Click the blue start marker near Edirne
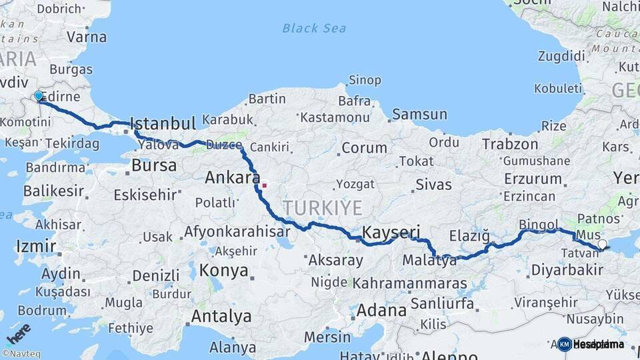pyautogui.click(x=39, y=97)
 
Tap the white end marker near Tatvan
pyautogui.click(x=603, y=245)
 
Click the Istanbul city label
pyautogui.click(x=163, y=123)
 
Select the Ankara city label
pyautogui.click(x=232, y=178)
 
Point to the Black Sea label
pyautogui.click(x=314, y=28)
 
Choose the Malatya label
pyautogui.click(x=430, y=261)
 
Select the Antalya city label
pyautogui.click(x=221, y=316)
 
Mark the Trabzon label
pyautogui.click(x=510, y=143)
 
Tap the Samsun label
pyautogui.click(x=419, y=114)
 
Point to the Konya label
pyautogui.click(x=224, y=271)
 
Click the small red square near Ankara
pyautogui.click(x=265, y=185)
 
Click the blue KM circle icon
pyautogui.click(x=565, y=344)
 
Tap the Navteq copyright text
pyautogui.click(x=21, y=354)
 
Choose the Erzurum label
pyautogui.click(x=533, y=179)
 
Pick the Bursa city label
pyautogui.click(x=154, y=165)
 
